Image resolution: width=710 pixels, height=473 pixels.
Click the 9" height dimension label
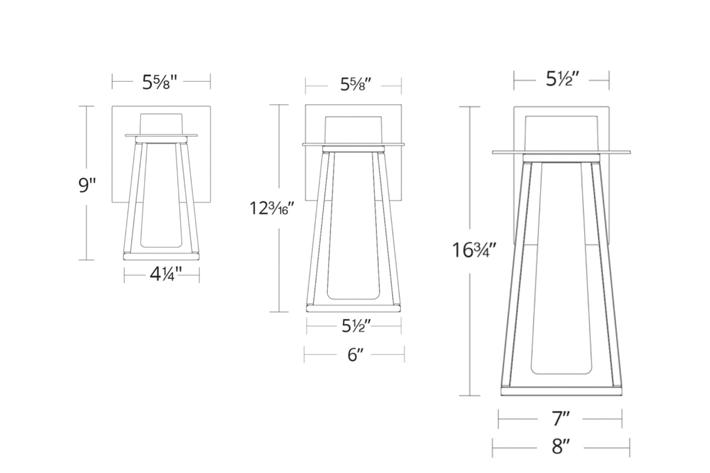(x=87, y=185)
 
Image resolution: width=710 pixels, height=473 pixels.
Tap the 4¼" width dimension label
(x=166, y=274)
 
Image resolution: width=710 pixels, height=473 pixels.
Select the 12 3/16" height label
(x=273, y=208)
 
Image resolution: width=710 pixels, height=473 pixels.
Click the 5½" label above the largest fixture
(x=562, y=79)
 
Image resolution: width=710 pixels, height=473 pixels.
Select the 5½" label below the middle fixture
(x=356, y=326)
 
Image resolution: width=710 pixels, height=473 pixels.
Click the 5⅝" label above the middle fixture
(x=356, y=85)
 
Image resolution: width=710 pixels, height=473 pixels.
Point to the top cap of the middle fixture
(x=353, y=130)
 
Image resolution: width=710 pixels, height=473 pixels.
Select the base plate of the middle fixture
(x=353, y=308)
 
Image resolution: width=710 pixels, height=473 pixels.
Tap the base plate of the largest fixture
(x=561, y=391)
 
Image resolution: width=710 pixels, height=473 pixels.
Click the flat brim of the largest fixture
(x=561, y=152)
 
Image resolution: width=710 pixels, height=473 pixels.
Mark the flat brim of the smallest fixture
(x=161, y=135)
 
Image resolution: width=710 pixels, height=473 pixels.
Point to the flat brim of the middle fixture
(x=353, y=144)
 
